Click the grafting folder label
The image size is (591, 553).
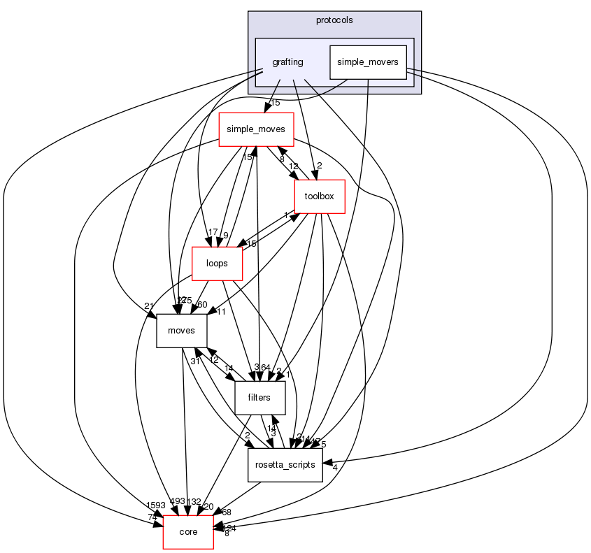(288, 62)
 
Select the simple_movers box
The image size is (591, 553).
(368, 62)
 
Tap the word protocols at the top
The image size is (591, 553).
(334, 20)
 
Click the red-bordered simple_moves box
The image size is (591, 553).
(257, 130)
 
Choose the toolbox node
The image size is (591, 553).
(320, 197)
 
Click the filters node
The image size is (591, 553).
(259, 398)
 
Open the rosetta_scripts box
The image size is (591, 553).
(285, 465)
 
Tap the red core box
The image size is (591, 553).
(188, 532)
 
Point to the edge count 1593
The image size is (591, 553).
(157, 505)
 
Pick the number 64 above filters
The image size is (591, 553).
(266, 367)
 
